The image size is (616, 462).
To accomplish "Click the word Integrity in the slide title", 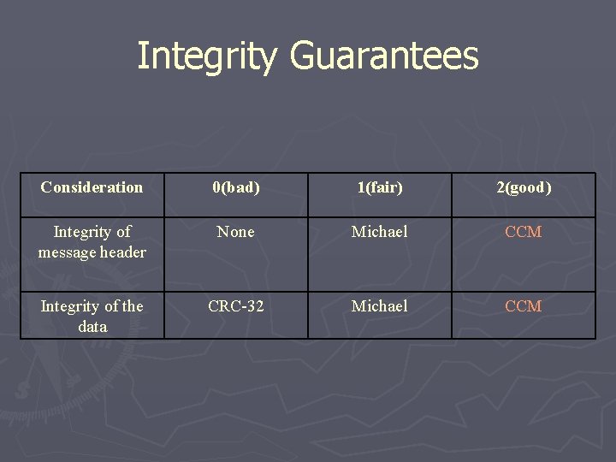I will (x=208, y=56).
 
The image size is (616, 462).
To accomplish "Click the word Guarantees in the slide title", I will (x=384, y=56).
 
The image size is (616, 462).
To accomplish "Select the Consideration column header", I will (x=92, y=187).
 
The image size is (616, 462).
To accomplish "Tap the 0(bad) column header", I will (x=236, y=187).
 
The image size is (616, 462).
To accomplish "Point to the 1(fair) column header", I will (x=379, y=187).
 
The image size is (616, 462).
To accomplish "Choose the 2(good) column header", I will (x=523, y=187).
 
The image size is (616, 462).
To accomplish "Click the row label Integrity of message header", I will (x=92, y=242).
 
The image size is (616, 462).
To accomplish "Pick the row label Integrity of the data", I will (x=92, y=317).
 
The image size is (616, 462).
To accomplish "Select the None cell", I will (x=236, y=232).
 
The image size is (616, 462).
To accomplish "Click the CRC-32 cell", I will (x=236, y=306).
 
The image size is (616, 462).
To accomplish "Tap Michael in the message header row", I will (x=379, y=232).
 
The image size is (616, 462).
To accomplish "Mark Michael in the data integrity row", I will (x=379, y=306).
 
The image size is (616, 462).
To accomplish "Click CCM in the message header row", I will (x=523, y=232).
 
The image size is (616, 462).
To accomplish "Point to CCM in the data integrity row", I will (x=523, y=306).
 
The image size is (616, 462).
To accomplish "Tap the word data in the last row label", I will (x=92, y=327).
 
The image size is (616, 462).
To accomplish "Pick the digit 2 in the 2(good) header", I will (x=500, y=187).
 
